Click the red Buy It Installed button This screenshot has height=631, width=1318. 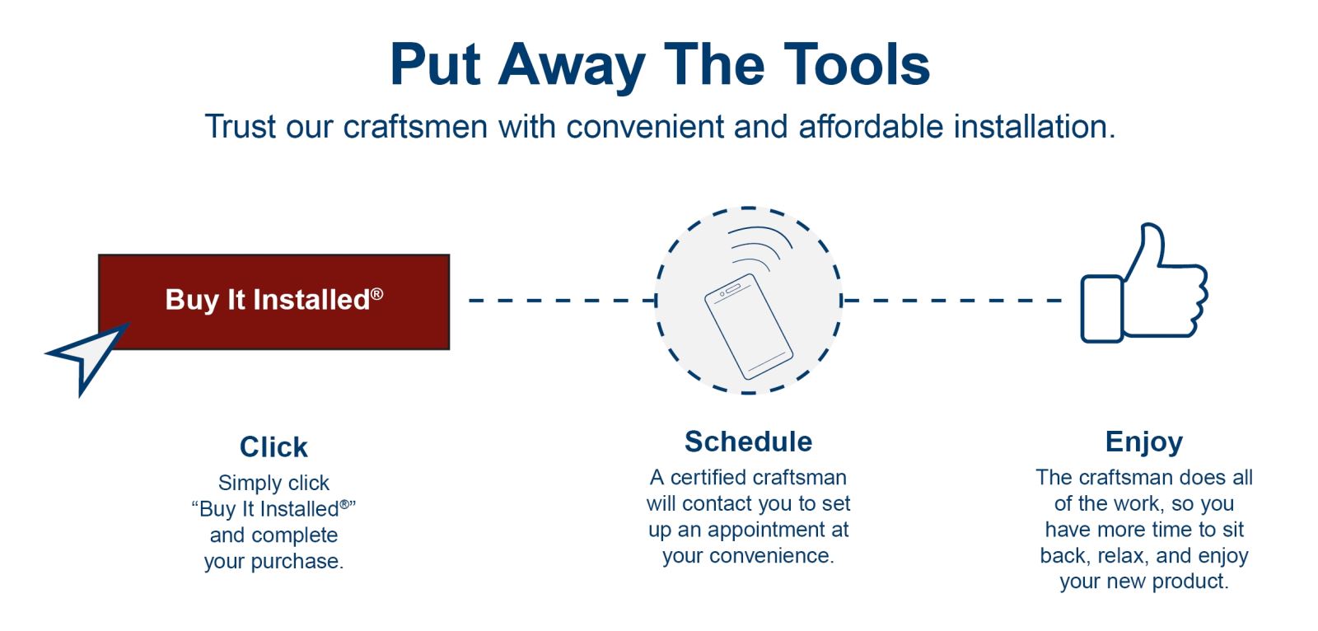(274, 302)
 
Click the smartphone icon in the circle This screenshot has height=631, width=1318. (749, 327)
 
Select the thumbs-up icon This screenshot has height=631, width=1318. (1144, 283)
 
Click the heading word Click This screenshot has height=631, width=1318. (273, 447)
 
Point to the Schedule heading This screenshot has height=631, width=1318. (749, 442)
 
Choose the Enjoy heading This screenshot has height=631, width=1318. (1144, 442)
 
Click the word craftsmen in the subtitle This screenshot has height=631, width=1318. (415, 127)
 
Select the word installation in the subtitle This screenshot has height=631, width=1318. (1035, 127)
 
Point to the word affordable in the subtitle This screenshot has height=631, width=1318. (871, 127)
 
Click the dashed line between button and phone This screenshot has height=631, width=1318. (563, 300)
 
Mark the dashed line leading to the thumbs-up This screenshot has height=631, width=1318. (952, 300)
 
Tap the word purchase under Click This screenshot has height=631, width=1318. (297, 562)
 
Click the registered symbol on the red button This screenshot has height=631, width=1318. (376, 293)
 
